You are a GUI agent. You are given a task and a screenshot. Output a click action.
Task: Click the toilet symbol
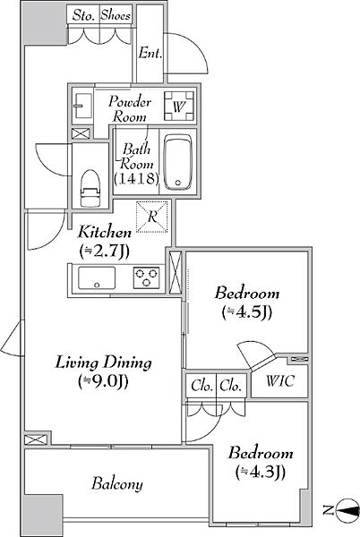[90, 188]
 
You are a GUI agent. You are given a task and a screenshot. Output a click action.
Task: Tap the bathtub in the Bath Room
[177, 162]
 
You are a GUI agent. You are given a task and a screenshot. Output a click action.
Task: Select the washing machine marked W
[179, 106]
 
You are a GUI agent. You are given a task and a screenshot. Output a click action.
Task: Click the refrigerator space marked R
[152, 217]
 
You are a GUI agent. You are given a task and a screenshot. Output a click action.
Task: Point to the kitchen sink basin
[97, 277]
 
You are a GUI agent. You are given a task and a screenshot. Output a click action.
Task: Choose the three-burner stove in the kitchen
[146, 277]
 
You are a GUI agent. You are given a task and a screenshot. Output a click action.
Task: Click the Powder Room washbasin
[82, 106]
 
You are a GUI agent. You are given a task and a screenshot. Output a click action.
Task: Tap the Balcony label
[117, 484]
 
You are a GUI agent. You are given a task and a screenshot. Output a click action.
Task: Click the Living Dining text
[103, 363]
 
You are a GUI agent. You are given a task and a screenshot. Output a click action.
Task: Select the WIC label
[279, 381]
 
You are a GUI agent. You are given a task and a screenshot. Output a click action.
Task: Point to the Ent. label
[150, 53]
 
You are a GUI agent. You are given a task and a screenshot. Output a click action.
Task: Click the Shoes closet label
[116, 15]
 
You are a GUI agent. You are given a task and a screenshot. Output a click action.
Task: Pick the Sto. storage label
[83, 16]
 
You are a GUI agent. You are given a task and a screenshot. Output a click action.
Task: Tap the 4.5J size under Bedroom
[246, 311]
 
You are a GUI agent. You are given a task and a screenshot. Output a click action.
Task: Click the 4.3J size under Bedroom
[261, 472]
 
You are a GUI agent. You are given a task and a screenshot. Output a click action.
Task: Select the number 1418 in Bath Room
[137, 178]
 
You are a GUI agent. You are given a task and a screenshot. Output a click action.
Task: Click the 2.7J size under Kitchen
[104, 251]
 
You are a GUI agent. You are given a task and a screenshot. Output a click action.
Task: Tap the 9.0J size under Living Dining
[103, 381]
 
